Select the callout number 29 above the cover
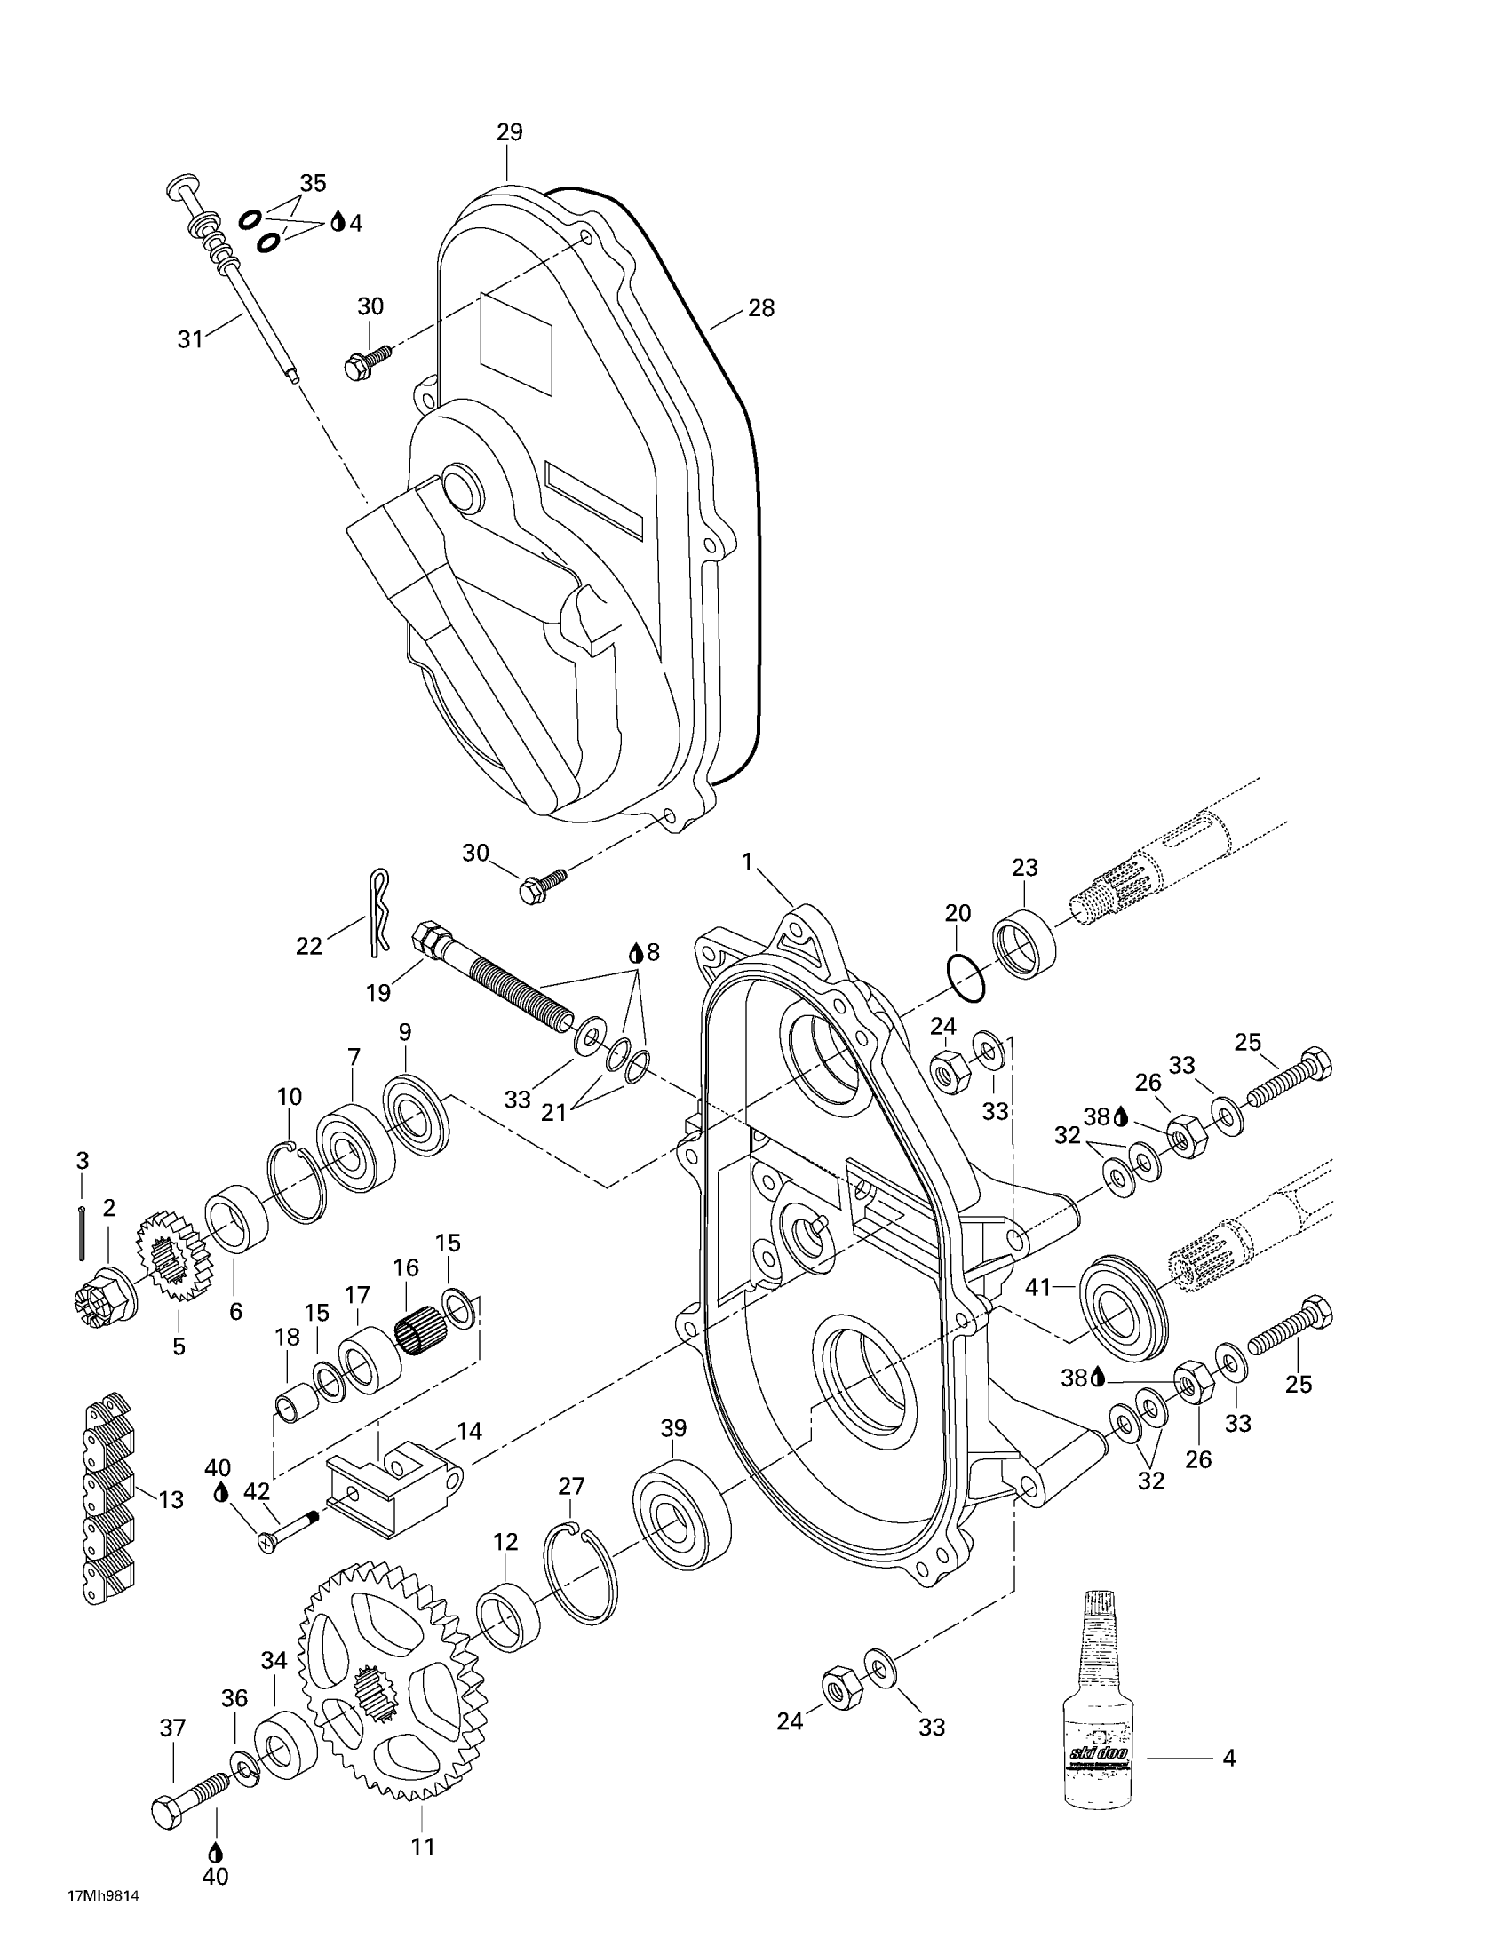(509, 132)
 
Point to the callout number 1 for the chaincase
(747, 862)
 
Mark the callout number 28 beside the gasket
(761, 308)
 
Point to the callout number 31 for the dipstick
(190, 339)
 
